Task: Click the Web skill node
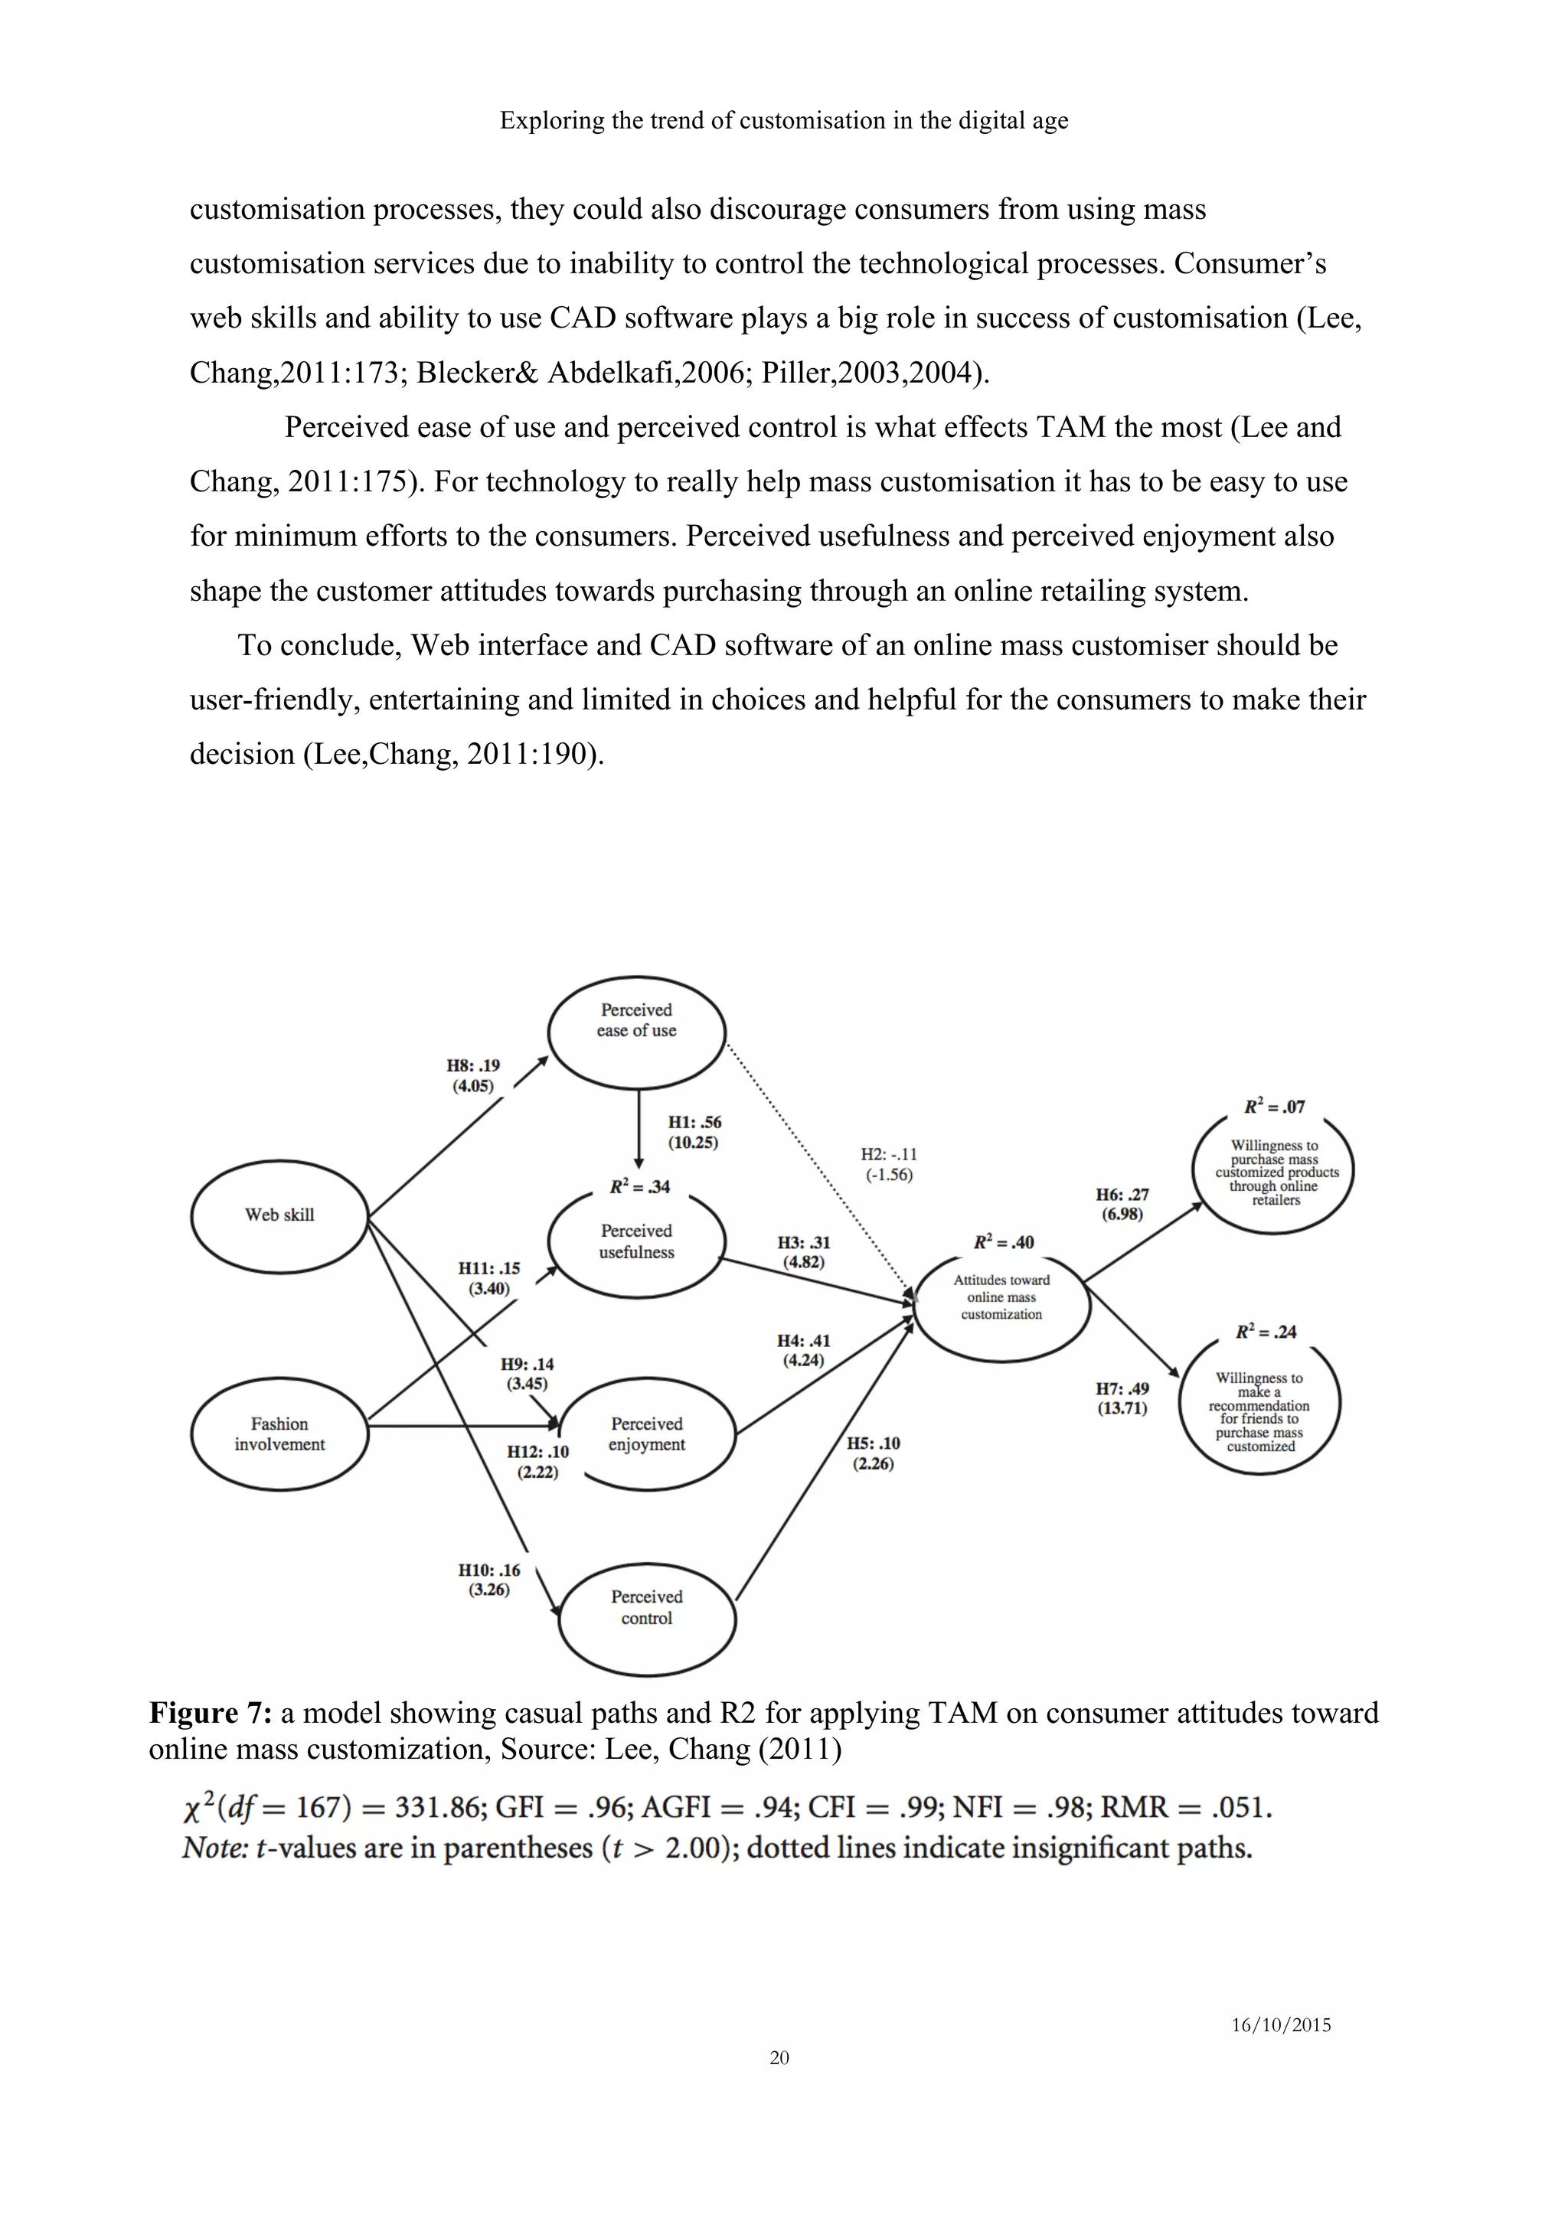(279, 1215)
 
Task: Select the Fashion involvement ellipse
(279, 1434)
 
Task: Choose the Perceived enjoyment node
(646, 1434)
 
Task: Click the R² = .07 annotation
(1273, 1107)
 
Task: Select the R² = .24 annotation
(1266, 1332)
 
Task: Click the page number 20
(779, 2057)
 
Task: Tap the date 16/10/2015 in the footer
(1280, 2026)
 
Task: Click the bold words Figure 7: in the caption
(211, 1713)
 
